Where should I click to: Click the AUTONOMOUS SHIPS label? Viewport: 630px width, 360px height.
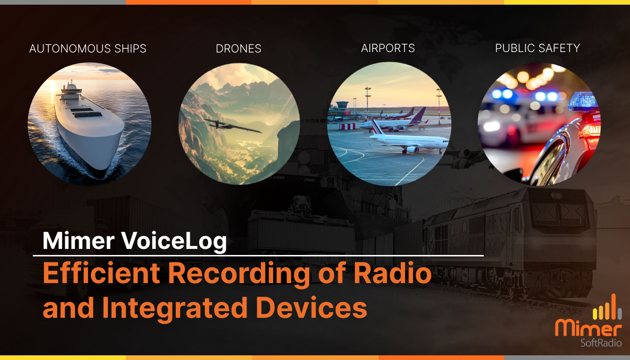click(x=88, y=49)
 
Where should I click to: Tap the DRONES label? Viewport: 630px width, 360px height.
click(x=239, y=49)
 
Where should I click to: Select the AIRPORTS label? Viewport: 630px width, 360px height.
click(x=388, y=48)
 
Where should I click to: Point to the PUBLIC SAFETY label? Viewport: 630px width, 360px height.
click(x=538, y=48)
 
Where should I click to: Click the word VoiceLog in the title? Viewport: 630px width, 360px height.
click(x=174, y=241)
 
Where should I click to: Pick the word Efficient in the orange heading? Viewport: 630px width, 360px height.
click(x=102, y=273)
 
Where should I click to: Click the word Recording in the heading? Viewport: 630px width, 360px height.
click(x=239, y=275)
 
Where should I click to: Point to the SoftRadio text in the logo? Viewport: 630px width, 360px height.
click(x=601, y=343)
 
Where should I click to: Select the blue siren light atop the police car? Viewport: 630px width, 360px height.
click(x=583, y=102)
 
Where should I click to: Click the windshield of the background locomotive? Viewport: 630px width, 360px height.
click(x=560, y=214)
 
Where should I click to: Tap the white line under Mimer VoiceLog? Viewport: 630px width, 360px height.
click(x=258, y=255)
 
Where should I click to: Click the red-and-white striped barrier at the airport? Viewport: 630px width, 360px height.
click(x=347, y=126)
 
